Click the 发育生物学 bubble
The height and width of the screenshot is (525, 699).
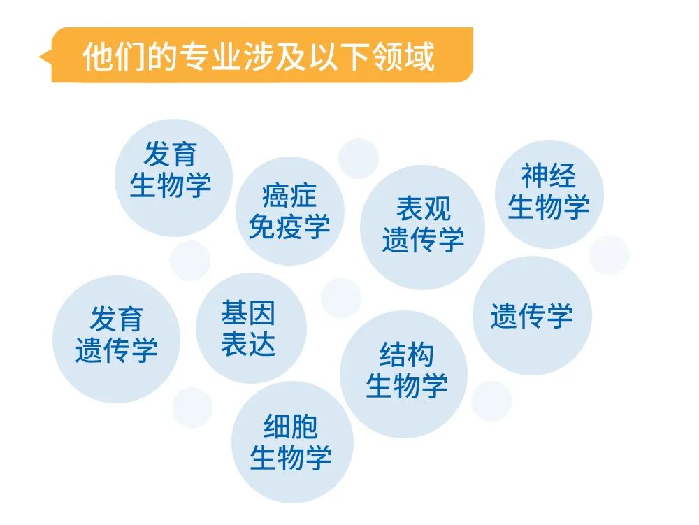[x=173, y=178]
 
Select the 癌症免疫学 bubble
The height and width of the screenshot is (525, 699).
[x=290, y=211]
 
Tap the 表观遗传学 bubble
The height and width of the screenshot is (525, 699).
[x=423, y=227]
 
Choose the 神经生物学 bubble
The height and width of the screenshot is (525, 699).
[x=549, y=194]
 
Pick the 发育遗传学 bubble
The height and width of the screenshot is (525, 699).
[x=116, y=339]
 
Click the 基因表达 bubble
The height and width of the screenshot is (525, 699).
[x=251, y=328]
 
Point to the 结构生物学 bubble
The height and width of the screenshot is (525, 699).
[x=403, y=374]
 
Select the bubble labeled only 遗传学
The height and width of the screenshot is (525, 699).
[x=532, y=315]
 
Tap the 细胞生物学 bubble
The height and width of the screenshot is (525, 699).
[x=292, y=442]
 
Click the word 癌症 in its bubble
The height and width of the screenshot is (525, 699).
[x=289, y=196]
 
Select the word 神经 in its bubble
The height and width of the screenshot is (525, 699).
[x=549, y=175]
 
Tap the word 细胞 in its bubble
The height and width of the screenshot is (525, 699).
[x=291, y=426]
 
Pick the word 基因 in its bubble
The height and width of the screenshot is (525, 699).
[x=248, y=313]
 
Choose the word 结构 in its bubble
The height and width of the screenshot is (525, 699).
[x=407, y=354]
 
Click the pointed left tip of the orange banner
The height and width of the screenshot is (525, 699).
[x=40, y=57]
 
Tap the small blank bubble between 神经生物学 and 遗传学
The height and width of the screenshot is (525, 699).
[x=609, y=255]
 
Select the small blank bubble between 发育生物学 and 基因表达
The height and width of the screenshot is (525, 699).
[x=190, y=261]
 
